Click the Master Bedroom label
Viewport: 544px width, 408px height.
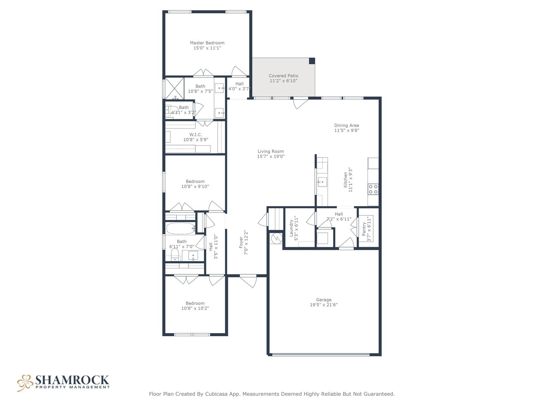[207, 43]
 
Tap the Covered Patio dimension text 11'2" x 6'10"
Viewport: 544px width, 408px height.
[283, 81]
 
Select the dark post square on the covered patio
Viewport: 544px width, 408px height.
[312, 61]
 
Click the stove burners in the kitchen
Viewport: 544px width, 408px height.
[373, 189]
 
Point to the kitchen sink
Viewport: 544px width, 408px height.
[322, 182]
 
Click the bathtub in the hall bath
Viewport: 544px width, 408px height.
[181, 229]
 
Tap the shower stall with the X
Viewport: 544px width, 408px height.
[175, 88]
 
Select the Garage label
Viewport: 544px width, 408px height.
[323, 300]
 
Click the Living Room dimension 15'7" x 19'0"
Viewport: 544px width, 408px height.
[270, 156]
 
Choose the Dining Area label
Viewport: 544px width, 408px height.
[346, 125]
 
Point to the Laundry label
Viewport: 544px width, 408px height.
[291, 228]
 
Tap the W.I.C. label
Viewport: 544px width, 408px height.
[196, 134]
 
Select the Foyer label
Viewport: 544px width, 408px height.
[241, 243]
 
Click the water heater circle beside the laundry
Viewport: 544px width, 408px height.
[276, 238]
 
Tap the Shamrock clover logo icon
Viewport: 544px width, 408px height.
[25, 383]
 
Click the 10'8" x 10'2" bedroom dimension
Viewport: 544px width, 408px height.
[195, 308]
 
